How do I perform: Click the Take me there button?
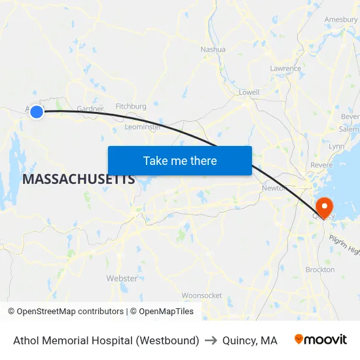click(179, 160)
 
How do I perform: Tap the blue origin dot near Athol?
click(37, 112)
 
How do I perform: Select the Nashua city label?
click(213, 49)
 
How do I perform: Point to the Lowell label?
click(249, 92)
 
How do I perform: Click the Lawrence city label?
click(285, 68)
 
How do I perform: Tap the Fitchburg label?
click(130, 105)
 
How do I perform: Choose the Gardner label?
click(90, 108)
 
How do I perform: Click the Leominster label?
click(143, 126)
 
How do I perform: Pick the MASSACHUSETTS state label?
click(79, 179)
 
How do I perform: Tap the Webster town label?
click(122, 278)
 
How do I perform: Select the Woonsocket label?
click(202, 295)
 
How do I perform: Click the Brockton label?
click(320, 269)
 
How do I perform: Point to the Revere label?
click(321, 165)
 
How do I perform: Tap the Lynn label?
click(336, 146)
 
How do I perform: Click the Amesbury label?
click(341, 20)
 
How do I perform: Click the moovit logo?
click(321, 340)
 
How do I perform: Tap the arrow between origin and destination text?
click(211, 340)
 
